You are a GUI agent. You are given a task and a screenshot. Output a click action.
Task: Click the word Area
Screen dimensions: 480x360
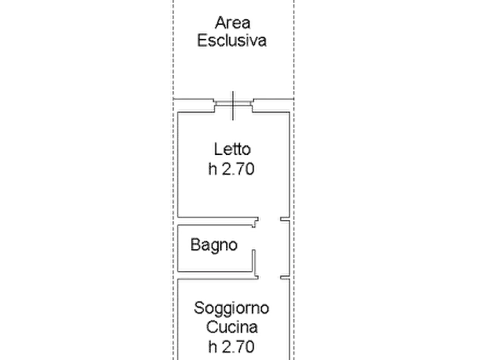pos(233,23)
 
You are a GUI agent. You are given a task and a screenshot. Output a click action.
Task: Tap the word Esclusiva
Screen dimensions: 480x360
pos(232,41)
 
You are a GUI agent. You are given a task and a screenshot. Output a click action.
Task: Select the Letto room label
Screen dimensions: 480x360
pos(232,149)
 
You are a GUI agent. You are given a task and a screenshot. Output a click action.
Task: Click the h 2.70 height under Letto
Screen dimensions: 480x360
pos(232,169)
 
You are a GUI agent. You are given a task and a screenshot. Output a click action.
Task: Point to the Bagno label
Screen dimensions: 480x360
pos(214,245)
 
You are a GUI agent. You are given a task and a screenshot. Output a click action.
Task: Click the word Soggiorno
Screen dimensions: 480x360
pos(232,308)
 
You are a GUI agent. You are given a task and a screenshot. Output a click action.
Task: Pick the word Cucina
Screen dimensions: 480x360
pos(232,327)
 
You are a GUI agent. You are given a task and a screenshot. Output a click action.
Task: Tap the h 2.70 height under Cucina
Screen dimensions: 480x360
pos(232,347)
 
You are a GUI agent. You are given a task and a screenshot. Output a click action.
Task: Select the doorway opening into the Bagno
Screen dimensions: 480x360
pos(254,239)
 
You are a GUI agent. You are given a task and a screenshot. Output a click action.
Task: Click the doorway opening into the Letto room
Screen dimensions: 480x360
pos(269,219)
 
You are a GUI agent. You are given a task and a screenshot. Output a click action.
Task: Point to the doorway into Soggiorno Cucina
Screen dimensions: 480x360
pos(269,277)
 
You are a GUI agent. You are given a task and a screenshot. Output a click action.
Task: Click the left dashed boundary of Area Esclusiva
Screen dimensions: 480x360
pos(173,49)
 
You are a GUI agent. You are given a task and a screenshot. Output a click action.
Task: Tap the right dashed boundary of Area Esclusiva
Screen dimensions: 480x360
pos(294,49)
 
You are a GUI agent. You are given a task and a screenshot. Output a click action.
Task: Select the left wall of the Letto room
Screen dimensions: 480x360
pos(178,165)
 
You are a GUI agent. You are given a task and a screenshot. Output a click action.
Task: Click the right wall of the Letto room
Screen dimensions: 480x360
pos(289,165)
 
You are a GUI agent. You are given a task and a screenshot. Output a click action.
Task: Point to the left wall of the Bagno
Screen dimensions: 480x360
pos(178,248)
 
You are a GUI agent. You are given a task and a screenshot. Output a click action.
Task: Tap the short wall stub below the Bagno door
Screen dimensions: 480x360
pos(254,261)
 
